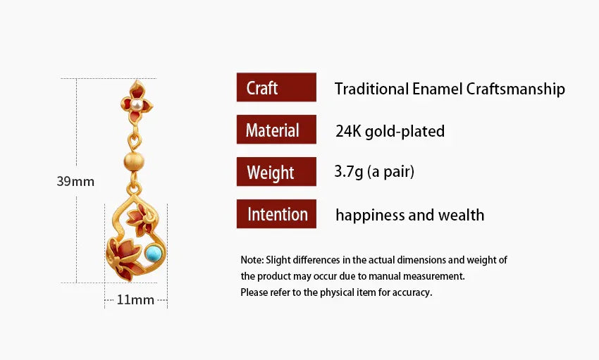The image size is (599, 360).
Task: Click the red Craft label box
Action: pos(276,87)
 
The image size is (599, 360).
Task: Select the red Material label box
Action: pos(276,130)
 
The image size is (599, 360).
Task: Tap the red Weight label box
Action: pos(276,172)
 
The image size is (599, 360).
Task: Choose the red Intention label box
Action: pos(276,214)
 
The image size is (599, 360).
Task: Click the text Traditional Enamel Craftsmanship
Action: pos(450,89)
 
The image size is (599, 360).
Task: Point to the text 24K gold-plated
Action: pos(390,131)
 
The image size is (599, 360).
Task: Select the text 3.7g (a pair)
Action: pos(374,172)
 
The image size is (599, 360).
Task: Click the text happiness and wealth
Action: pos(409,215)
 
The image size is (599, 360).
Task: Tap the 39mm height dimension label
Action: pos(75,182)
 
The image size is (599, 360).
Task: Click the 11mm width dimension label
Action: pos(135,300)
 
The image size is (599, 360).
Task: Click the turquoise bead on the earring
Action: pos(153,252)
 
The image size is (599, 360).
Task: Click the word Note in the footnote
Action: pos(252,260)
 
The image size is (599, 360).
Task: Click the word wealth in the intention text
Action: pos(460,215)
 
